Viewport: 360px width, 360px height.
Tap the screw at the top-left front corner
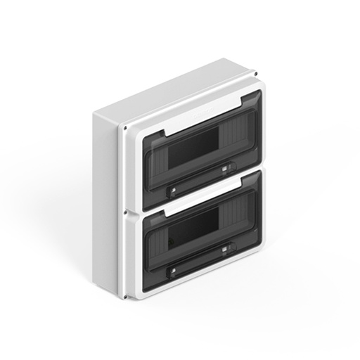pyautogui.click(x=124, y=128)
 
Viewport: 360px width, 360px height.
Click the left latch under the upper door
pyautogui.click(x=172, y=188)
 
